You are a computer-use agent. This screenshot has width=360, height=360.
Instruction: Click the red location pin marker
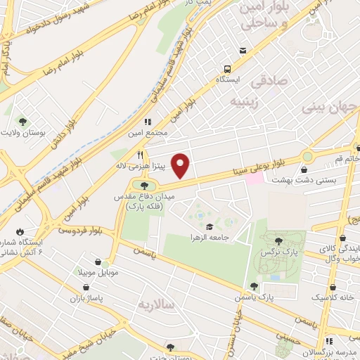pyautogui.click(x=181, y=166)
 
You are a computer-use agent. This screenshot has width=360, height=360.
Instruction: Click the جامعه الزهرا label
pyautogui.click(x=210, y=238)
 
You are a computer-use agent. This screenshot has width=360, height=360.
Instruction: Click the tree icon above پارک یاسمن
pyautogui.click(x=253, y=285)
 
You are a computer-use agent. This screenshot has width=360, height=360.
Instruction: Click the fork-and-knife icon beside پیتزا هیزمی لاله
pyautogui.click(x=141, y=155)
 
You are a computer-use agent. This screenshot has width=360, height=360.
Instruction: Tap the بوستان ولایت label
pyautogui.click(x=24, y=133)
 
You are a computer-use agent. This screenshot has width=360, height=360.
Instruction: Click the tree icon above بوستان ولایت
pyautogui.click(x=20, y=121)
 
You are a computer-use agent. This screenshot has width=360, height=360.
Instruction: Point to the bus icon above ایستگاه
pyautogui.click(x=227, y=69)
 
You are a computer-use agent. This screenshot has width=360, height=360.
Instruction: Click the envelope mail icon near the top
pyautogui.click(x=243, y=51)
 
